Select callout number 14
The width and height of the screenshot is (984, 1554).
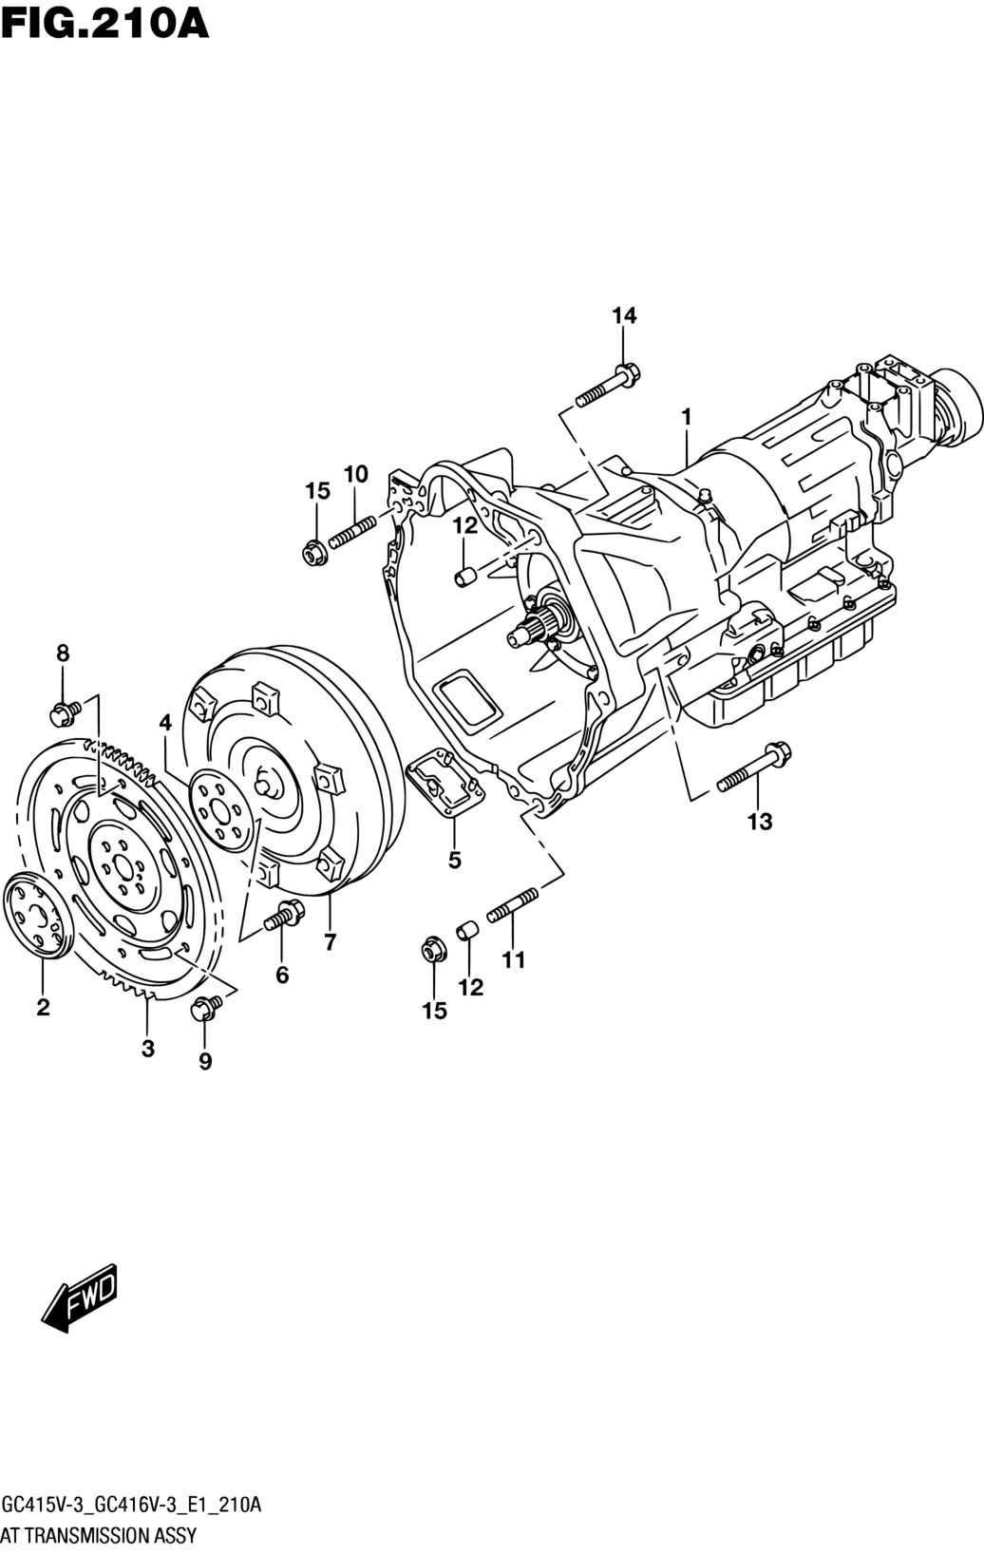[x=624, y=315]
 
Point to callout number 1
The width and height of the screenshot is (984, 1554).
[x=687, y=418]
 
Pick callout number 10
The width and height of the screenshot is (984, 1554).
[x=355, y=475]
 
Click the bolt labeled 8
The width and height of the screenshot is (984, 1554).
[x=66, y=713]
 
